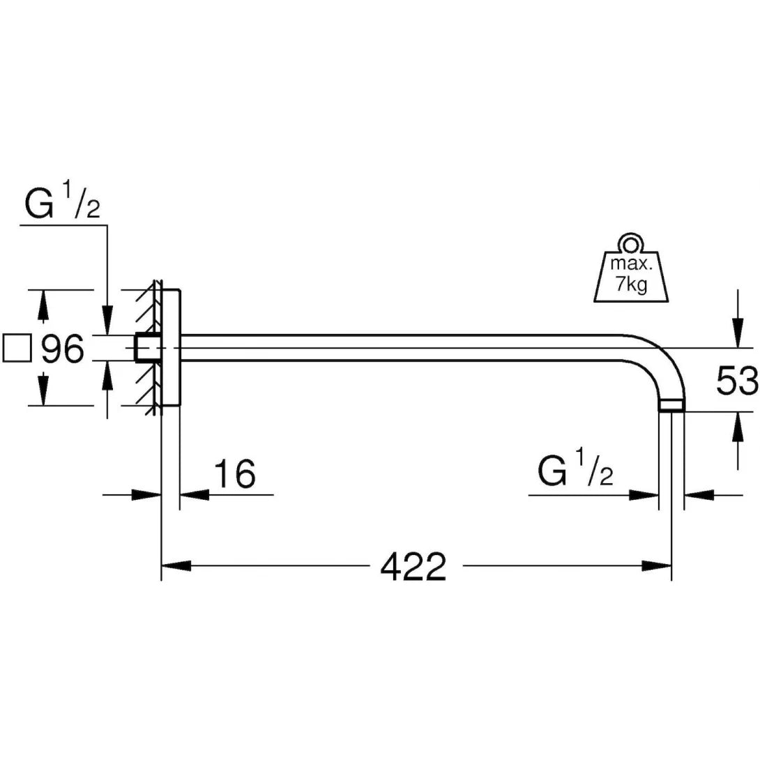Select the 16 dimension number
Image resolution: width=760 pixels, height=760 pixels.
tap(234, 474)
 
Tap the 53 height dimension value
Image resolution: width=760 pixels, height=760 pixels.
tap(736, 381)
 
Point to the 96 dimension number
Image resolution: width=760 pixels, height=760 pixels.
tap(63, 349)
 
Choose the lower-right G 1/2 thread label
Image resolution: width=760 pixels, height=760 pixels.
tap(575, 472)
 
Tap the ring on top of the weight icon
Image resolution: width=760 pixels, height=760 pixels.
tap(631, 243)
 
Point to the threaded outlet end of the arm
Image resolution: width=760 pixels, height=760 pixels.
tap(672, 405)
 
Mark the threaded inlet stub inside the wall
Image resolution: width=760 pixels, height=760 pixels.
tap(146, 348)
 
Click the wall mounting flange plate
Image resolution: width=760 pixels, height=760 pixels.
tap(171, 347)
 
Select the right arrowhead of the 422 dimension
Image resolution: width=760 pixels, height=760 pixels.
tap(657, 565)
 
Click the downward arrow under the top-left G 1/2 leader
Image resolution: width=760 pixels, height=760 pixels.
tap(106, 321)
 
